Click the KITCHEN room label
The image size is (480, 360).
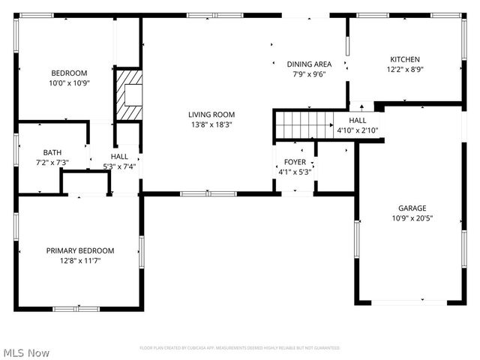click(x=404, y=59)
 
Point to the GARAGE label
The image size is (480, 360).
click(x=412, y=208)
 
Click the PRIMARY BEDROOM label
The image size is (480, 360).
click(x=80, y=250)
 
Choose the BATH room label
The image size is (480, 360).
click(x=52, y=152)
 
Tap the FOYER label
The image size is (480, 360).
click(x=294, y=162)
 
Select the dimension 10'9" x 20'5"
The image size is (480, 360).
click(x=412, y=218)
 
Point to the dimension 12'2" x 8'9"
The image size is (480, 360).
click(x=404, y=69)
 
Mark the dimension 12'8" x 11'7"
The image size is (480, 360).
click(x=80, y=260)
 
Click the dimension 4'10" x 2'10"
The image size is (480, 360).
click(x=358, y=130)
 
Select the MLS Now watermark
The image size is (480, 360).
click(x=26, y=352)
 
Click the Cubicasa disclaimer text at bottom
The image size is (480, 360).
click(x=239, y=348)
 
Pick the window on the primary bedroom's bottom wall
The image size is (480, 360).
click(x=76, y=307)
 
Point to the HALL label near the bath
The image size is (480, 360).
click(x=119, y=157)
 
